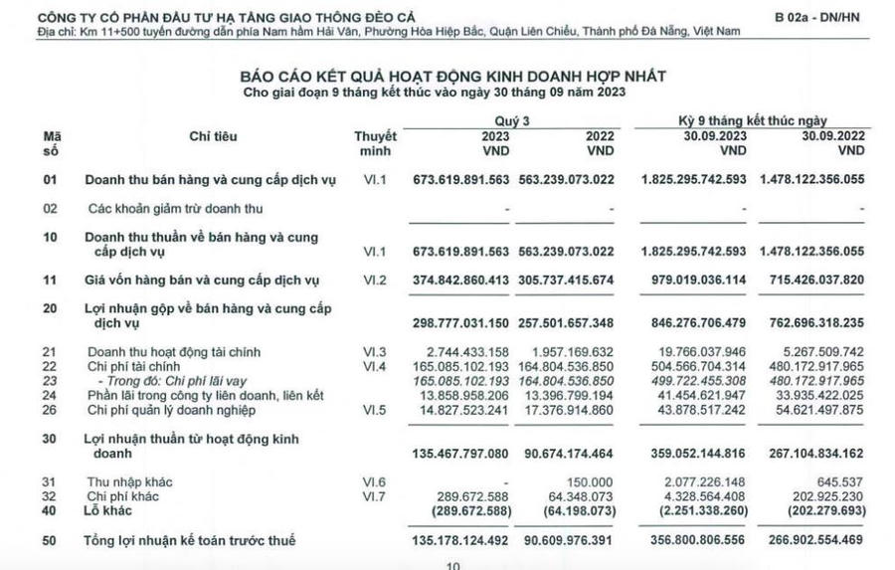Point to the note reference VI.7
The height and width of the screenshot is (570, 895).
374,495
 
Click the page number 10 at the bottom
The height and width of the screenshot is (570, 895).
452,564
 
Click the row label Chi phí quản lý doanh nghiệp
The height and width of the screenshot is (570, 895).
177,409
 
